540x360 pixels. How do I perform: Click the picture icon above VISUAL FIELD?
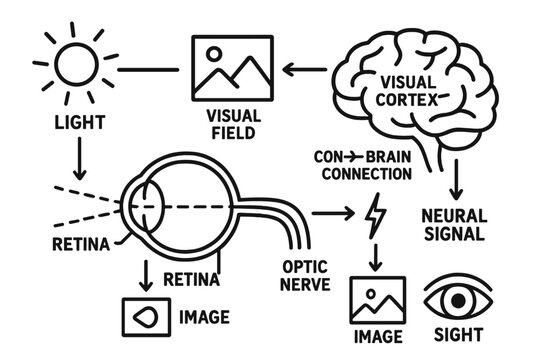pyautogui.click(x=233, y=70)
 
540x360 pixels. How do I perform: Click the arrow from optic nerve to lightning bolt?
pyautogui.click(x=332, y=213)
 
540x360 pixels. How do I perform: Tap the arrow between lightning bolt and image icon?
pyautogui.click(x=375, y=256)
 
